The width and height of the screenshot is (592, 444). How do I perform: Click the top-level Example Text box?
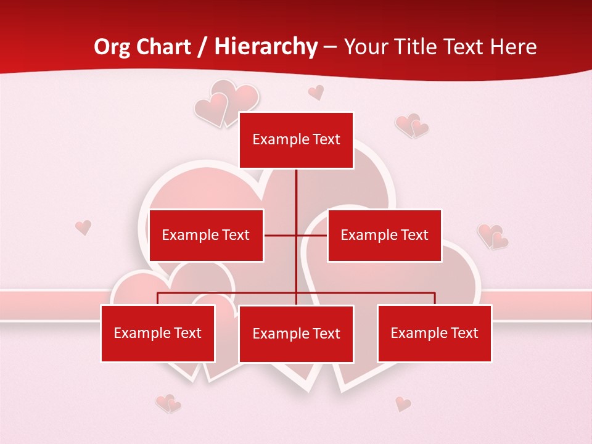point(296,140)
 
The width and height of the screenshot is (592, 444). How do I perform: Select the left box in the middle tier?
point(206,235)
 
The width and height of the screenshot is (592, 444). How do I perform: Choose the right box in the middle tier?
point(384,235)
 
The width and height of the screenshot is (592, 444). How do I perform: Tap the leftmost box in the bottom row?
point(158,333)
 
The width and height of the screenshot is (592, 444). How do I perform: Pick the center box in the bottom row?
point(296,334)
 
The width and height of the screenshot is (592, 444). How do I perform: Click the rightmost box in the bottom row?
point(434,333)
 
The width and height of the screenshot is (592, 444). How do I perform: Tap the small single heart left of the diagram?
point(83,227)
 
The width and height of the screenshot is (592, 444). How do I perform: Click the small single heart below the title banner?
point(316,92)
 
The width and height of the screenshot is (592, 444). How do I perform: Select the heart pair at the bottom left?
point(168,404)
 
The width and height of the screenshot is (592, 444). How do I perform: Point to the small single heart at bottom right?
point(403,404)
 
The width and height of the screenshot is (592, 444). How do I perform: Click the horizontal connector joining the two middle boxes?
point(295,235)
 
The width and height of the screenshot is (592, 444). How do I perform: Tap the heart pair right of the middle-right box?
point(493,236)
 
